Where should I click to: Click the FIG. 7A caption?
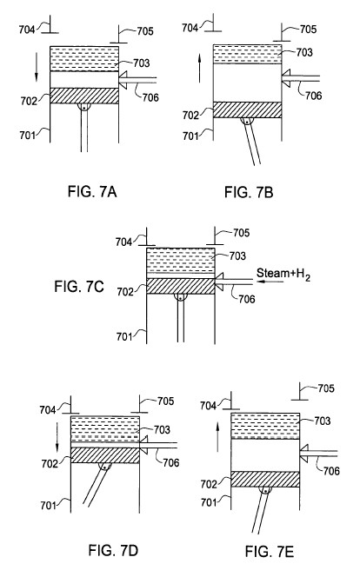tap(92, 192)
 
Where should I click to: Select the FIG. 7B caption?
tap(249, 192)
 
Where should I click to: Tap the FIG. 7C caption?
tap(79, 287)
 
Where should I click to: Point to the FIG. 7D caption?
tap(113, 551)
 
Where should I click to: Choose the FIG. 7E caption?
tap(270, 552)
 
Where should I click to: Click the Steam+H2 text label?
tap(283, 274)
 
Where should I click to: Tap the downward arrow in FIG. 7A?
tap(37, 67)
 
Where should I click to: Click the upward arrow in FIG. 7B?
tap(199, 69)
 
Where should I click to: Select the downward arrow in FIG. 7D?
tap(57, 438)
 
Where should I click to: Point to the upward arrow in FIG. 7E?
tap(217, 437)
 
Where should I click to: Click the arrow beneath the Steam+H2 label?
tap(270, 282)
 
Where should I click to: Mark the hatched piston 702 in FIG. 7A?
tap(84, 96)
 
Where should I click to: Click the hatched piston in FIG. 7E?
tap(265, 480)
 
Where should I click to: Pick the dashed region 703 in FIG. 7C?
tap(180, 260)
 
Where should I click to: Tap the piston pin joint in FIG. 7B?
tap(247, 120)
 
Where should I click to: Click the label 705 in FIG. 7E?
tap(326, 388)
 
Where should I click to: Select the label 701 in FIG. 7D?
tap(49, 506)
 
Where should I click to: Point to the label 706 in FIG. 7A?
tap(150, 97)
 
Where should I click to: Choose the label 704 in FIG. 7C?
tap(123, 242)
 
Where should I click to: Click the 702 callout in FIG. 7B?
tap(190, 116)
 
